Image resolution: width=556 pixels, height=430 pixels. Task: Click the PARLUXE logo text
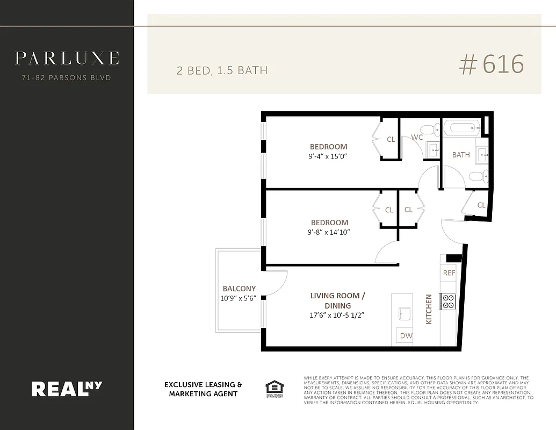(x=67, y=58)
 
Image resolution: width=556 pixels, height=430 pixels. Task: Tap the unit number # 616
(x=491, y=65)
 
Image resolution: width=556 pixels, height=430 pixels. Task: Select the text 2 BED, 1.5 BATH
(x=222, y=70)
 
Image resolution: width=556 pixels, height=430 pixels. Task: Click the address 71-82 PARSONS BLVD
(x=67, y=78)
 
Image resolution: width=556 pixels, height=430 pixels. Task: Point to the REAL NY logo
(x=67, y=388)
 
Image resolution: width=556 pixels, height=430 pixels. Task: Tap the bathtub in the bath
(x=461, y=128)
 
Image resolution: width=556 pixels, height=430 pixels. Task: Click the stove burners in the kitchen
(x=447, y=302)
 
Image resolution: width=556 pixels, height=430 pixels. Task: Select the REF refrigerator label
(x=449, y=273)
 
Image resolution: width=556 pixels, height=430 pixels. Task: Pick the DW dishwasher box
(x=405, y=336)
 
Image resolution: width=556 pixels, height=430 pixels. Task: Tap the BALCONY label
(x=239, y=289)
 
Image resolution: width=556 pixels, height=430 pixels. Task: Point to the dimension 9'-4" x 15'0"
(x=328, y=156)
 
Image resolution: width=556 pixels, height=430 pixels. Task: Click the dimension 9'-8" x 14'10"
(x=329, y=232)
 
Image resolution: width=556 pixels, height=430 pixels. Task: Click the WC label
(x=417, y=138)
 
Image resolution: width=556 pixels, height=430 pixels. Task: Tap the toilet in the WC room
(x=430, y=130)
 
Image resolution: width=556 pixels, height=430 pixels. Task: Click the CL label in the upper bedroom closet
(x=391, y=139)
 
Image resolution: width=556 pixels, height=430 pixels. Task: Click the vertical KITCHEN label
(x=429, y=309)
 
